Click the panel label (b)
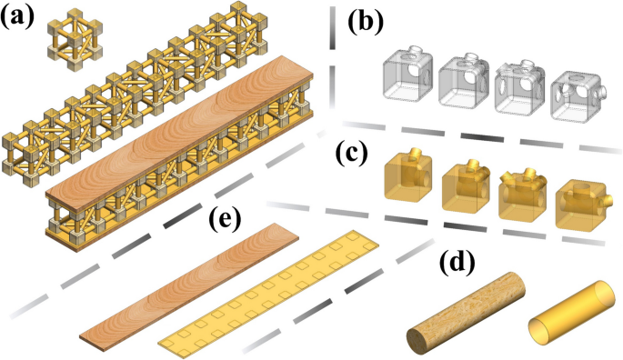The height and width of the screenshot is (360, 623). [x=366, y=22]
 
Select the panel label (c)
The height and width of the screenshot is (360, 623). [x=352, y=154]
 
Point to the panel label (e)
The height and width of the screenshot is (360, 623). [x=226, y=220]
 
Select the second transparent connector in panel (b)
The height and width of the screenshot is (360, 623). [x=464, y=81]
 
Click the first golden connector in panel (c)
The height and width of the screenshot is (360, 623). [x=408, y=174]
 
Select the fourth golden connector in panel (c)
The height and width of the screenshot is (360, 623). [x=581, y=205]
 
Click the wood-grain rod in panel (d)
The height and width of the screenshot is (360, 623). [x=466, y=313]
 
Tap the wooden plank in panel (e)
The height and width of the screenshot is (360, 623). [x=189, y=287]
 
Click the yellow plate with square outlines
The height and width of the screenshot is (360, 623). [x=268, y=292]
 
